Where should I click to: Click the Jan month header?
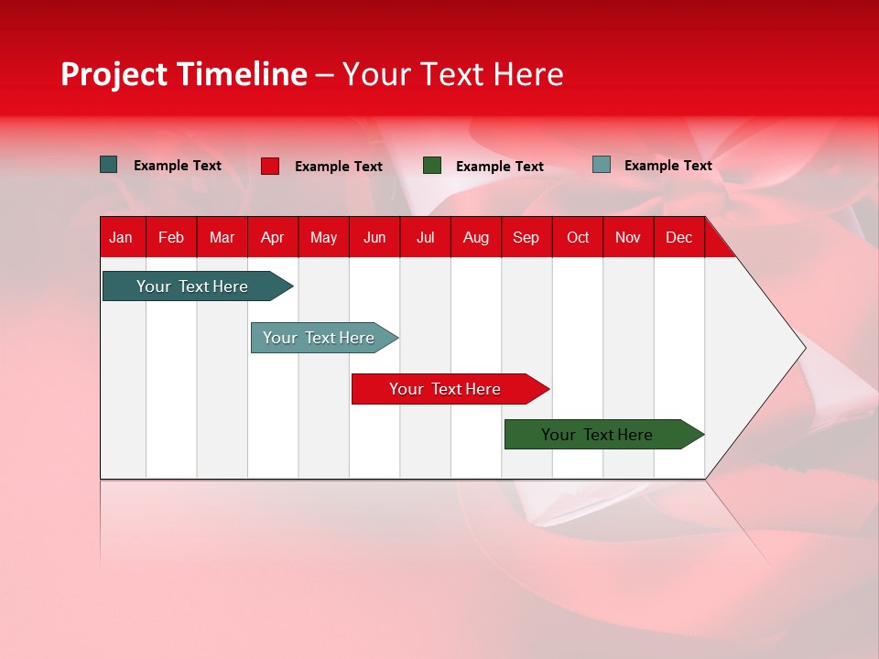pyautogui.click(x=121, y=237)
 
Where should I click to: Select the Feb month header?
pyautogui.click(x=171, y=237)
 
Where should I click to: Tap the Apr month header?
pyautogui.click(x=272, y=237)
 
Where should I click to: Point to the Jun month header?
pyautogui.click(x=374, y=237)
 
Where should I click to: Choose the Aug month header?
pyautogui.click(x=475, y=237)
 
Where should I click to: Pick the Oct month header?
pyautogui.click(x=578, y=237)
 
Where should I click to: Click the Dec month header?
pyautogui.click(x=678, y=237)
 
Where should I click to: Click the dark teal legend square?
pyautogui.click(x=109, y=165)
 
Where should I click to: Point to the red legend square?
pyautogui.click(x=270, y=166)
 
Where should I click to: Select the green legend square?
pyautogui.click(x=432, y=166)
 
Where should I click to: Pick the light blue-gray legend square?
pyautogui.click(x=602, y=165)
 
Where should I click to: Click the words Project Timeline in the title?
pyautogui.click(x=184, y=74)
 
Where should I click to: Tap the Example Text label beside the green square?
pyautogui.click(x=499, y=167)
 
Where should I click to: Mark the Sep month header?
pyautogui.click(x=526, y=237)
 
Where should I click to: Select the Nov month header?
pyautogui.click(x=628, y=237)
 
